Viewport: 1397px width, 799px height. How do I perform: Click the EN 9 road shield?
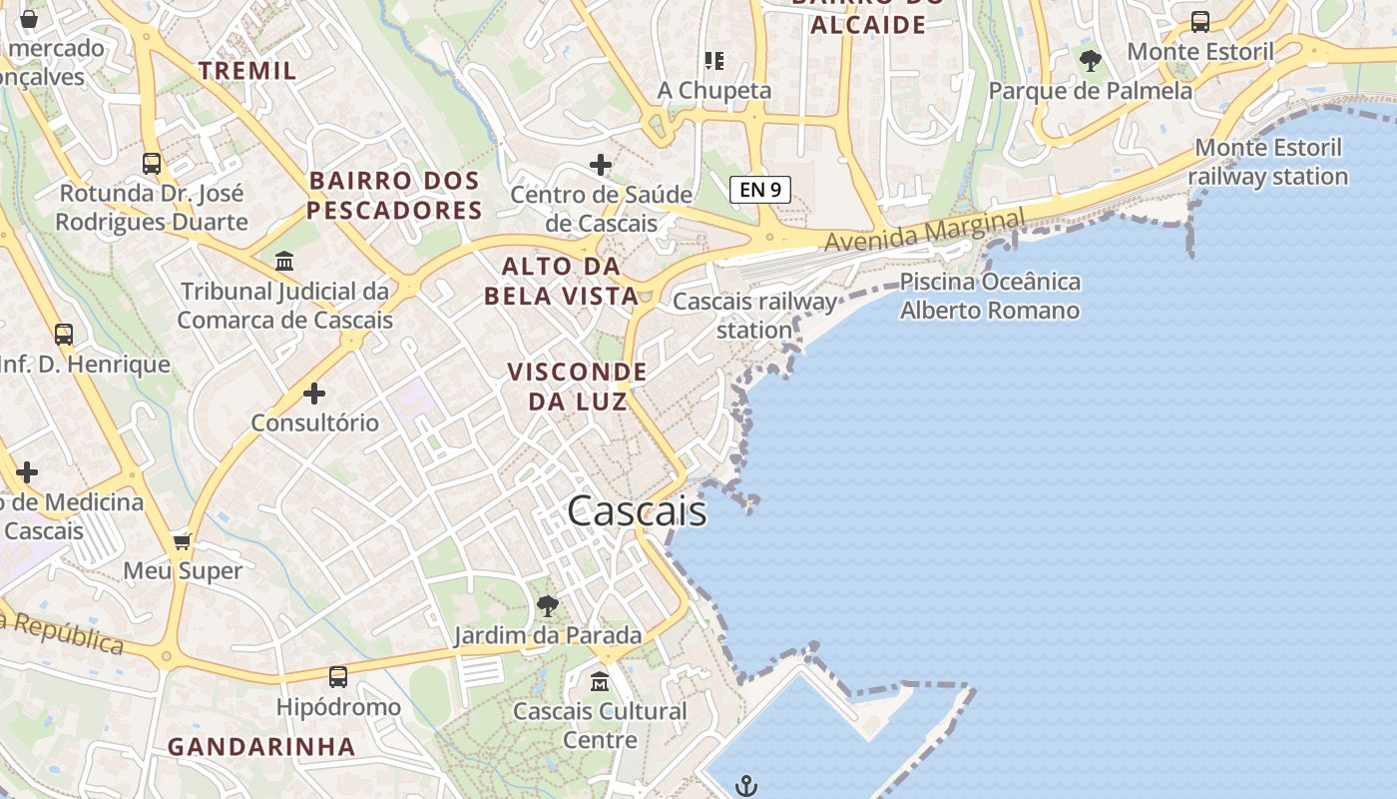point(760,189)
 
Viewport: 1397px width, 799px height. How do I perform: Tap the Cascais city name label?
point(637,511)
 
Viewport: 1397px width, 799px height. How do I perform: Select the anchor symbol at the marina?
point(746,786)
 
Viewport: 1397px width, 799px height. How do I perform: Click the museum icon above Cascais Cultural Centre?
point(599,682)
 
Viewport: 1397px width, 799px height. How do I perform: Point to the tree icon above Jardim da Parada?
point(547,604)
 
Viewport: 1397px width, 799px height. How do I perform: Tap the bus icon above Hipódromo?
point(338,677)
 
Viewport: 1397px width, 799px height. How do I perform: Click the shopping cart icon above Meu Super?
point(182,541)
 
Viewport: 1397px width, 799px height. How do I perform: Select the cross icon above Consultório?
point(314,394)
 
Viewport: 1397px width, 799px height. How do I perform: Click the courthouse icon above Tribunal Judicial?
point(284,262)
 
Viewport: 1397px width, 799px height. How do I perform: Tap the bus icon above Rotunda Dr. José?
point(152,163)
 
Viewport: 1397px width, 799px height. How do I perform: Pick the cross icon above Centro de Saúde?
point(601,164)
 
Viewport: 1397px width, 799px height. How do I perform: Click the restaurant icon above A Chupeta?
point(713,61)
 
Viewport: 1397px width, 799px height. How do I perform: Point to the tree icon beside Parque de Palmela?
point(1091,61)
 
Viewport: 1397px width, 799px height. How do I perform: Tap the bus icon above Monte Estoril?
point(1200,22)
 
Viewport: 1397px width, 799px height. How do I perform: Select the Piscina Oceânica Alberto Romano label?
point(990,296)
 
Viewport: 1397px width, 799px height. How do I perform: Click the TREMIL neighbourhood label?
point(247,70)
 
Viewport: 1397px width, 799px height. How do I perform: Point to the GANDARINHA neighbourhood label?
point(261,746)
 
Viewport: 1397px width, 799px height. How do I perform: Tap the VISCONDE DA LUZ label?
point(577,387)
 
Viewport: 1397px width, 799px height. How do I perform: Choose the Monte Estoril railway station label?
point(1268,162)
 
